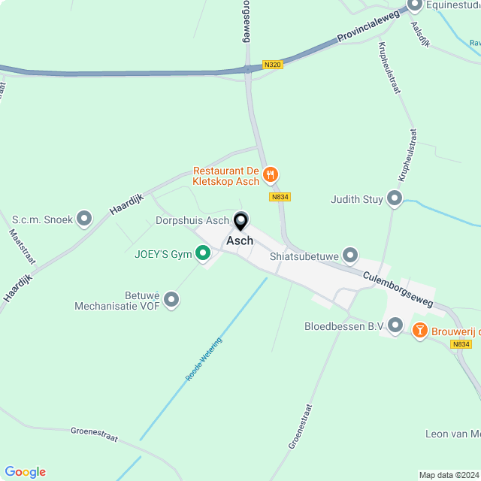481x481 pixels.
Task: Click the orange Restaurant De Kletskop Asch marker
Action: coord(271,175)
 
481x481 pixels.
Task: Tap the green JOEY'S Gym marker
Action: coord(202,254)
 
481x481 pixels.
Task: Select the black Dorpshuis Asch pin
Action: coord(241,221)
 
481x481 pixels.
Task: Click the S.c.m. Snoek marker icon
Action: coord(84,219)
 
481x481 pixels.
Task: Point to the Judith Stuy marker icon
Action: coord(395,199)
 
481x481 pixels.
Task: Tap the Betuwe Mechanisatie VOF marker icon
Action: coord(172,300)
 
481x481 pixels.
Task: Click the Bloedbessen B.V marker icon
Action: coord(396,325)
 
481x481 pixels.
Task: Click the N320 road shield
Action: coord(273,65)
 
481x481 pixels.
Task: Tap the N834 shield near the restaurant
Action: coord(280,197)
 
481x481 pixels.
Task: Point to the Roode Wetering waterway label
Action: coord(204,358)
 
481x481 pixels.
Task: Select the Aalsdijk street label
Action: coord(420,35)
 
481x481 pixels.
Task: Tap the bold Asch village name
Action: coord(240,241)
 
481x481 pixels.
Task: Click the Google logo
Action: coord(25,472)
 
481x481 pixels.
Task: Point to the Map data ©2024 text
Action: coord(449,475)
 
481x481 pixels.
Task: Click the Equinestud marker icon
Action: coord(414,6)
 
